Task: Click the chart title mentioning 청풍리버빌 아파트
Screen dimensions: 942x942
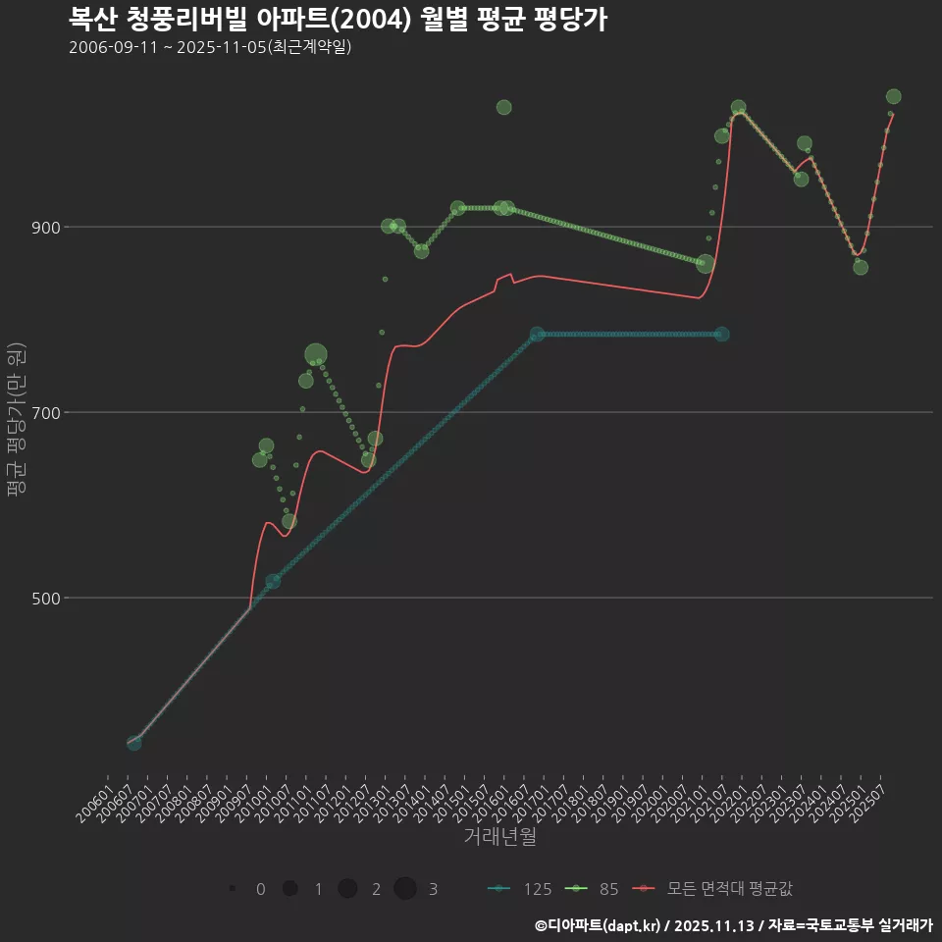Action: tap(338, 19)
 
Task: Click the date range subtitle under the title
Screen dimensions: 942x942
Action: tap(210, 47)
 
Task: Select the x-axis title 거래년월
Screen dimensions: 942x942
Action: tap(499, 837)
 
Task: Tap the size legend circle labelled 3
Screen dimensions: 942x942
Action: tap(405, 889)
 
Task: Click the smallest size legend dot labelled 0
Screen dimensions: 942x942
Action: tap(233, 889)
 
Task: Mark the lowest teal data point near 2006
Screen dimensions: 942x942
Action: tap(134, 743)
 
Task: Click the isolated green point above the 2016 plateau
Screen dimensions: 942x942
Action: tap(503, 107)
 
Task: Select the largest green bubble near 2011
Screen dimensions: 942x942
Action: tap(316, 355)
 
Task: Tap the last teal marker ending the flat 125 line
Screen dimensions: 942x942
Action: tap(722, 334)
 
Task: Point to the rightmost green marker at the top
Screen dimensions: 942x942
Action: tap(893, 96)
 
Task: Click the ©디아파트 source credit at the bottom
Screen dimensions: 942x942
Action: tap(733, 925)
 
